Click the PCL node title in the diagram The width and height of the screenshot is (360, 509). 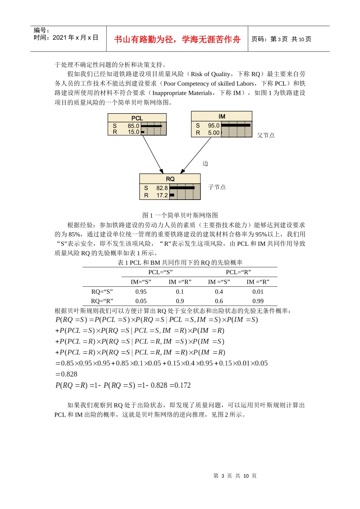(x=137, y=118)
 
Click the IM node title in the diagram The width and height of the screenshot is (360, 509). (x=222, y=116)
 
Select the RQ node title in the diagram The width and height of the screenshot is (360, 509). (x=170, y=179)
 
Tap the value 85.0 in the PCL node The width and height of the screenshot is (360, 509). (x=133, y=126)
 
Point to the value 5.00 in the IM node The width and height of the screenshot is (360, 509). (x=214, y=133)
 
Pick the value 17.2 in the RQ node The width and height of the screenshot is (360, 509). (x=162, y=195)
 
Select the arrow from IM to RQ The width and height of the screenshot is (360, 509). (x=196, y=155)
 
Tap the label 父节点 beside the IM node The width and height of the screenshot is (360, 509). (x=266, y=135)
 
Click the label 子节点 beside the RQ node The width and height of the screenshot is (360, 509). (x=217, y=187)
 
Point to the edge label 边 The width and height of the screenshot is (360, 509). (x=205, y=163)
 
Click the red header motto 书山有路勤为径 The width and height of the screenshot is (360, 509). (x=177, y=39)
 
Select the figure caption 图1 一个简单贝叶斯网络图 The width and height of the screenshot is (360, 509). (x=180, y=215)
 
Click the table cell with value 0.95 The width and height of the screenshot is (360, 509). (x=141, y=292)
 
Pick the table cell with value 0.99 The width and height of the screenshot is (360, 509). (x=258, y=301)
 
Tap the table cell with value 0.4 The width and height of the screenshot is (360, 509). (x=219, y=292)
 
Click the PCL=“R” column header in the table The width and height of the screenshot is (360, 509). (x=238, y=272)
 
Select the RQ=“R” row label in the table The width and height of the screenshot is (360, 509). (x=102, y=301)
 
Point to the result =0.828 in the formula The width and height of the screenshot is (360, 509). (x=66, y=374)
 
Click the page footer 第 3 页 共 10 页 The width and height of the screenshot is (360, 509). (x=235, y=476)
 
